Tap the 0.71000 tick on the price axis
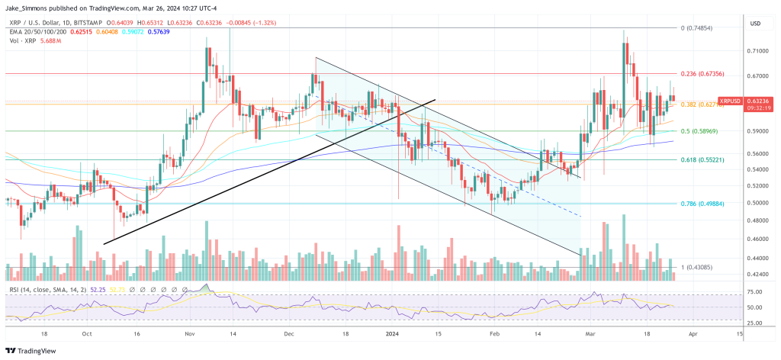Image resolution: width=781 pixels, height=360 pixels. (758, 51)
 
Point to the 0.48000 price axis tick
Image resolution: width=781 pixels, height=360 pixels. (758, 221)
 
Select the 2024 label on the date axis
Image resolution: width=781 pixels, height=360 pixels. (393, 333)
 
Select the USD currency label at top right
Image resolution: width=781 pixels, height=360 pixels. (756, 23)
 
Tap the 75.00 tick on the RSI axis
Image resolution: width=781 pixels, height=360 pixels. (757, 291)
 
